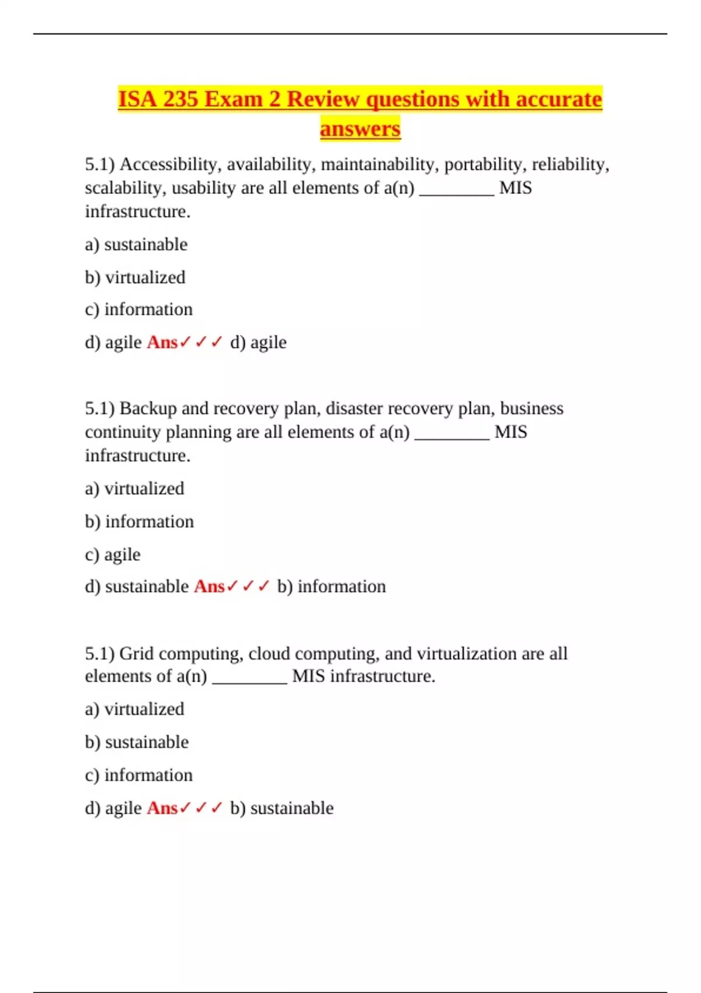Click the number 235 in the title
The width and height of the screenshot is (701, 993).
click(181, 99)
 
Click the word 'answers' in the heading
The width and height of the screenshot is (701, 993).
click(360, 129)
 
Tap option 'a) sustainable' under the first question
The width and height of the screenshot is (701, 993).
click(136, 245)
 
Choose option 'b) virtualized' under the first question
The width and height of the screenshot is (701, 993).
click(135, 277)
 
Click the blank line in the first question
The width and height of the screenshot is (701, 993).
click(456, 193)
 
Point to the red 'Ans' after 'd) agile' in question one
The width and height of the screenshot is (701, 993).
click(162, 342)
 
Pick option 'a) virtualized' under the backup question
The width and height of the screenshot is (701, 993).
click(134, 488)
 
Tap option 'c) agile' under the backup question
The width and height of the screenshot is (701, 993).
click(113, 554)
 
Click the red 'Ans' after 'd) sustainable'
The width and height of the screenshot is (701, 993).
click(209, 586)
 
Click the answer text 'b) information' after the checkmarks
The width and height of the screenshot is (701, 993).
click(331, 586)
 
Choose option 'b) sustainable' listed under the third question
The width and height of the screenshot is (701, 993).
click(137, 742)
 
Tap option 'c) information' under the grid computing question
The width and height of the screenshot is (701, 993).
click(138, 775)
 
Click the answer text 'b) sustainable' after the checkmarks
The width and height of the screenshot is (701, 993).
click(282, 808)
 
